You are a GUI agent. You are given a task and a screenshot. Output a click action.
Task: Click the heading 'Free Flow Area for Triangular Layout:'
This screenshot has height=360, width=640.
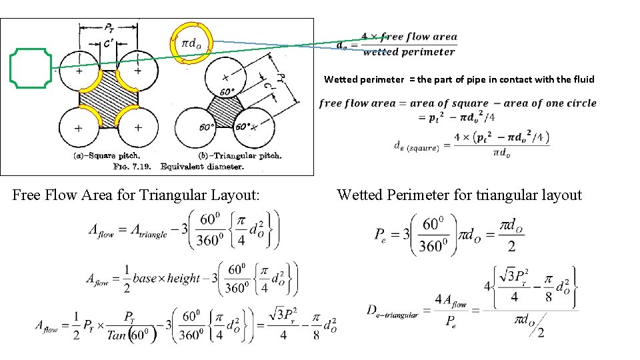136,195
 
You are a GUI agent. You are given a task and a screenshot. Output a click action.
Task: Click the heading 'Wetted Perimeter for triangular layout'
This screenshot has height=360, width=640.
459,195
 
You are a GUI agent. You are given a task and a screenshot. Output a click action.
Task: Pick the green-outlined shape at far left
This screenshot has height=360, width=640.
31,67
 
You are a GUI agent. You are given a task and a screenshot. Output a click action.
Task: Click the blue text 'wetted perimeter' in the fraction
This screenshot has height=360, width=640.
409,52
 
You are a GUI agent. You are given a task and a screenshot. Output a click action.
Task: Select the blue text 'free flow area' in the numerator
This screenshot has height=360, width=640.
418,37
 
